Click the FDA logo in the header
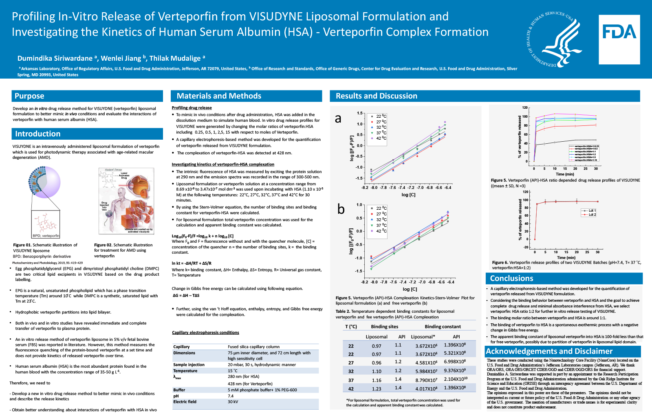(619, 39)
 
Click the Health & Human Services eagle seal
(553, 39)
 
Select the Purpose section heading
(29, 96)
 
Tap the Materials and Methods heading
(219, 96)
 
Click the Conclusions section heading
(511, 279)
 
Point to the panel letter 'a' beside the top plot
(338, 118)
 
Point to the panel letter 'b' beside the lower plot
(341, 209)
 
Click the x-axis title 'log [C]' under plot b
(410, 289)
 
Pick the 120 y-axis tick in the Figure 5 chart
(525, 108)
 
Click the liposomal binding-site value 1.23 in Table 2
(377, 389)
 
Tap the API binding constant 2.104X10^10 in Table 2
(456, 379)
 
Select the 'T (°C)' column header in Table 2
(351, 327)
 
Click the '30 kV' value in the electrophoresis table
(233, 402)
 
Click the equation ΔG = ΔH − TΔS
(186, 296)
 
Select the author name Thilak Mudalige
(175, 58)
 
